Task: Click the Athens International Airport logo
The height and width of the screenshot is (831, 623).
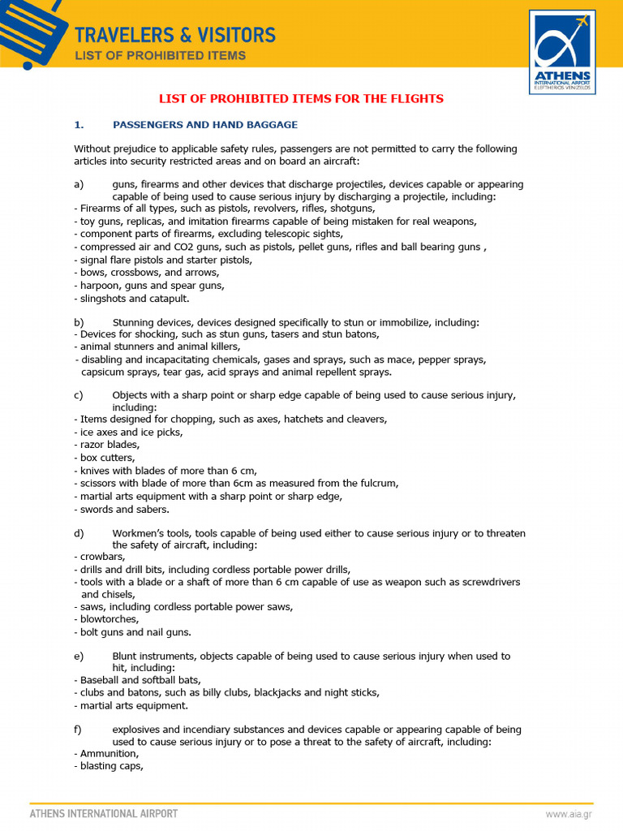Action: tap(562, 51)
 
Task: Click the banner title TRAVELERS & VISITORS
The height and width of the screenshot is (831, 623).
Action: tap(174, 35)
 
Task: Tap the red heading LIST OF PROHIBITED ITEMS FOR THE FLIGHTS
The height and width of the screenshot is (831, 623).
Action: tap(301, 99)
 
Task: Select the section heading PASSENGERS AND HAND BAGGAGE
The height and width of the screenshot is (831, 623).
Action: tap(205, 125)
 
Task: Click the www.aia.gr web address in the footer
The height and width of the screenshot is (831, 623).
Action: tap(567, 814)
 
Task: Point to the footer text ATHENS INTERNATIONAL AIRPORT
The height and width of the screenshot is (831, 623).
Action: tap(104, 813)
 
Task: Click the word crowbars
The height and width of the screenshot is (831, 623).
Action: tap(103, 558)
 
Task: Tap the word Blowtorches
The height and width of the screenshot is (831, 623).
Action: tap(110, 619)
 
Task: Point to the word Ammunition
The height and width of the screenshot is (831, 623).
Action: tap(110, 754)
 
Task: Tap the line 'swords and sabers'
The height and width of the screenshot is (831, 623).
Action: tap(124, 510)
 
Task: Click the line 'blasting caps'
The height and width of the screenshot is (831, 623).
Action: tap(111, 766)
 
